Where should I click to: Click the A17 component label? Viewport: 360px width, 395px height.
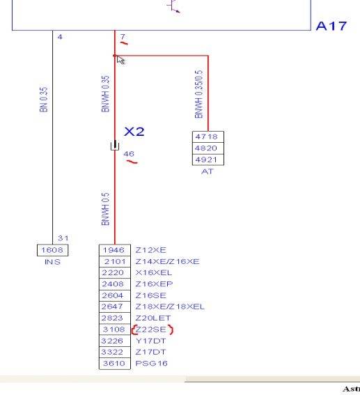331,26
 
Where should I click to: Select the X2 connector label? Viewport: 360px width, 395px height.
134,132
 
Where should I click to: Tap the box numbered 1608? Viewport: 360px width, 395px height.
52,250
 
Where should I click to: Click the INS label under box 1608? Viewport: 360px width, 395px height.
52,262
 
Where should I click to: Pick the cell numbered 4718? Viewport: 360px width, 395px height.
208,137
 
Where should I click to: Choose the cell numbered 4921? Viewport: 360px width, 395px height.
208,160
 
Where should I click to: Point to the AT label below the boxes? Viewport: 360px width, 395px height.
208,171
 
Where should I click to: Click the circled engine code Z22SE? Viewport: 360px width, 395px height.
151,330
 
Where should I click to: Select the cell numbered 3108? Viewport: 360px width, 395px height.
115,330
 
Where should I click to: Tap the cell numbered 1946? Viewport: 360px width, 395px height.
115,250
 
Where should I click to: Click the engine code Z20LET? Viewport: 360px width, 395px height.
152,318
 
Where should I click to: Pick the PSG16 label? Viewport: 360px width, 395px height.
151,363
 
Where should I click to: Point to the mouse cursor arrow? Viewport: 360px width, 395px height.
120,60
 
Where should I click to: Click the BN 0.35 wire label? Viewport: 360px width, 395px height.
44,100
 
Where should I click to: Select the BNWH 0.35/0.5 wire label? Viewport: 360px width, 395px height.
198,94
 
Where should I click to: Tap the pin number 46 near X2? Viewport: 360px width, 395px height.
129,154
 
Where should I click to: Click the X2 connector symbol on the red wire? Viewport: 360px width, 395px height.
115,146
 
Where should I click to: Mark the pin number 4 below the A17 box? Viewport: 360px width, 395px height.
60,37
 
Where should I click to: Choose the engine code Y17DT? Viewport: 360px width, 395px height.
150,341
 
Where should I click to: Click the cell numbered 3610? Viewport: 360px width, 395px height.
115,363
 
